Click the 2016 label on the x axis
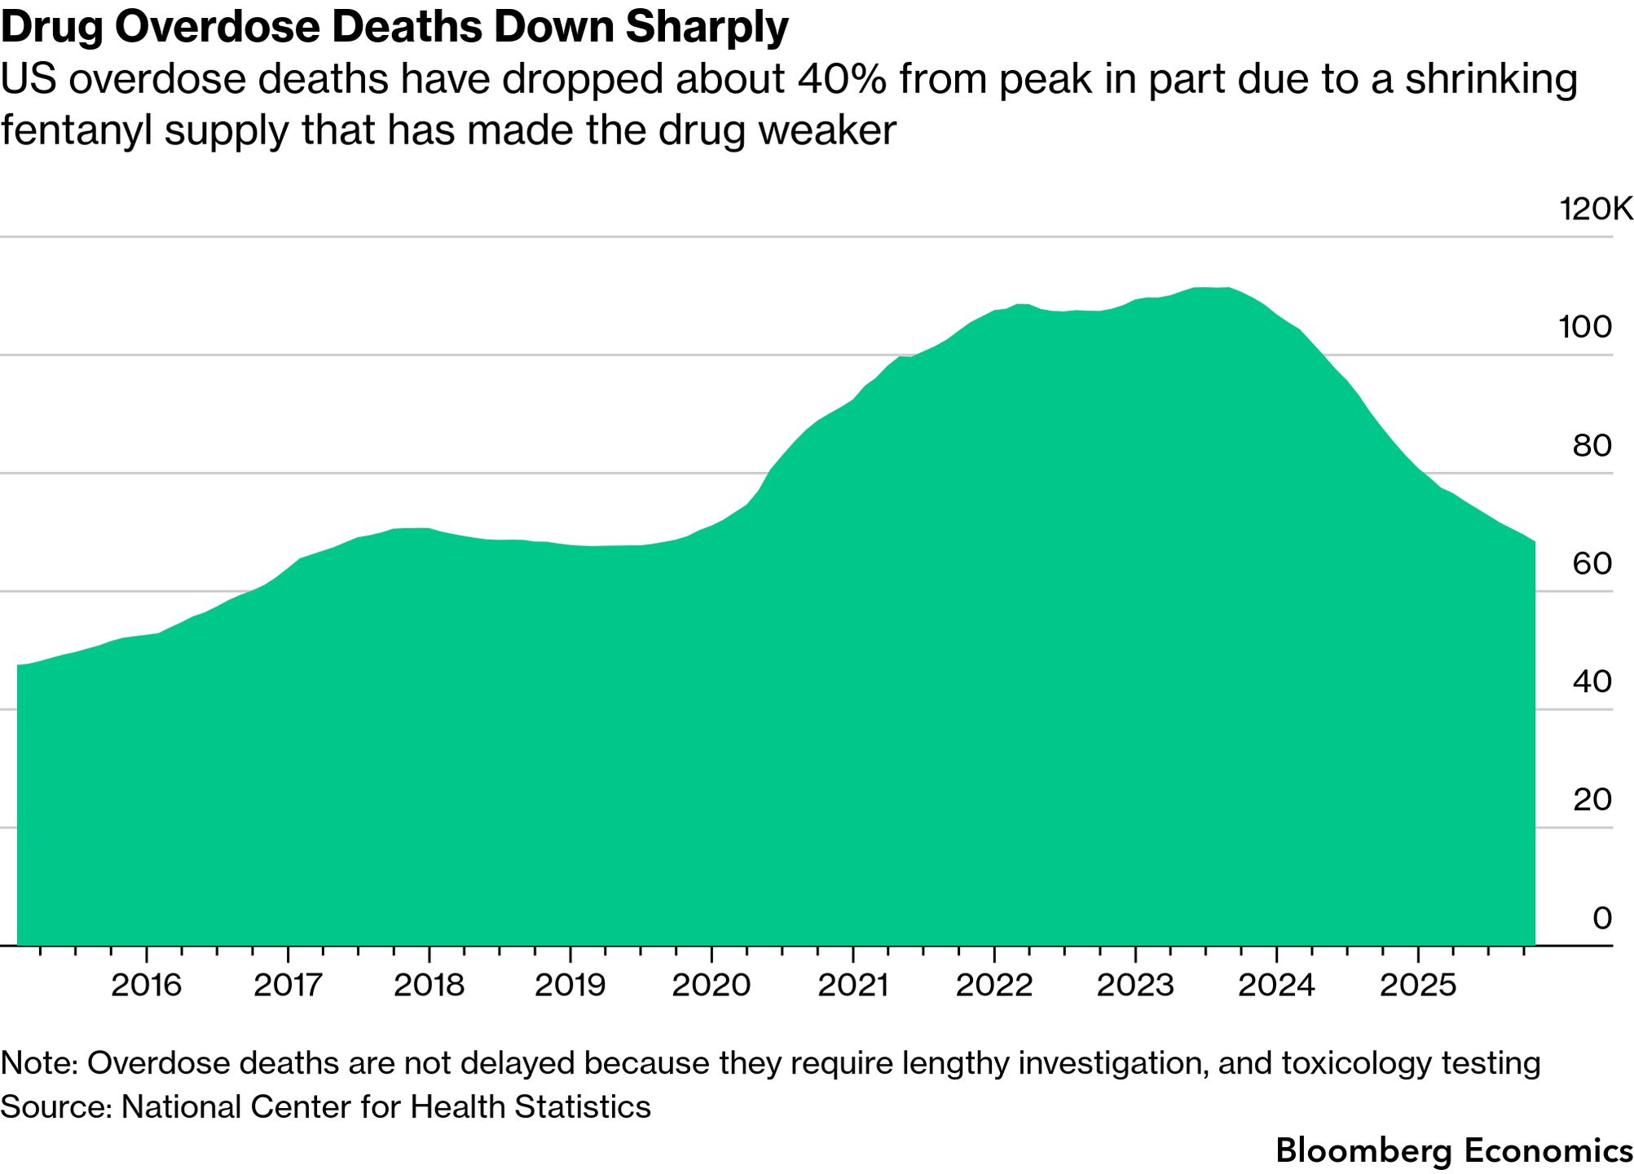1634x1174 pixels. (x=146, y=986)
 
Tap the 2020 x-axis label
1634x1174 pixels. (x=711, y=986)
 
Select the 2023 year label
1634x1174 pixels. (x=1135, y=986)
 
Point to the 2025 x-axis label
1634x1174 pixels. (x=1418, y=986)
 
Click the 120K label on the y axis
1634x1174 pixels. (x=1596, y=210)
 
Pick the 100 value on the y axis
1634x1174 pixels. (x=1585, y=328)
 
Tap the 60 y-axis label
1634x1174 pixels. (x=1592, y=563)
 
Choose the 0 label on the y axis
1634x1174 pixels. (x=1601, y=918)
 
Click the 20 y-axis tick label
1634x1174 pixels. (x=1592, y=800)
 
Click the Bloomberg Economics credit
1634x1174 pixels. (x=1454, y=1150)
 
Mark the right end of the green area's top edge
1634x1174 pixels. (x=1535, y=542)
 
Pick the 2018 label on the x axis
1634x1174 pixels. (x=429, y=986)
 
